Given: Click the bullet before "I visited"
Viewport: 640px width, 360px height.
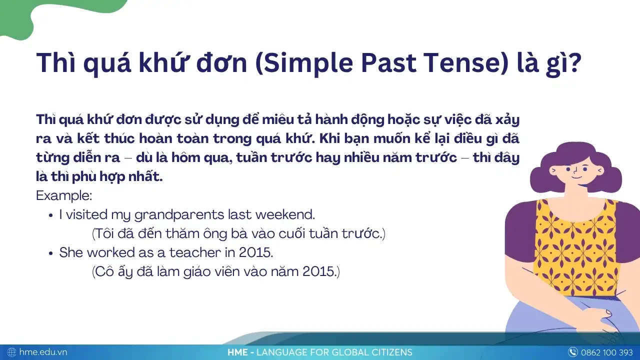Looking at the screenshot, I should [x=51, y=215].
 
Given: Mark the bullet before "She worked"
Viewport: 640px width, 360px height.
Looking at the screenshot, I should [x=51, y=253].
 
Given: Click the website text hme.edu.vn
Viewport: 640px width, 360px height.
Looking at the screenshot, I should [x=43, y=352].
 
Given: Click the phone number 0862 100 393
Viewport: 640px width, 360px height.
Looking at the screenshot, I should [x=607, y=352].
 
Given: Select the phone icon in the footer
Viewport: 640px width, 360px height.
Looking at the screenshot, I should [x=572, y=352].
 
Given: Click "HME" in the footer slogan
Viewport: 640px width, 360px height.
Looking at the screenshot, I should [x=237, y=352].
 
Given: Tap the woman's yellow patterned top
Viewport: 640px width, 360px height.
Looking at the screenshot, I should [x=575, y=245].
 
